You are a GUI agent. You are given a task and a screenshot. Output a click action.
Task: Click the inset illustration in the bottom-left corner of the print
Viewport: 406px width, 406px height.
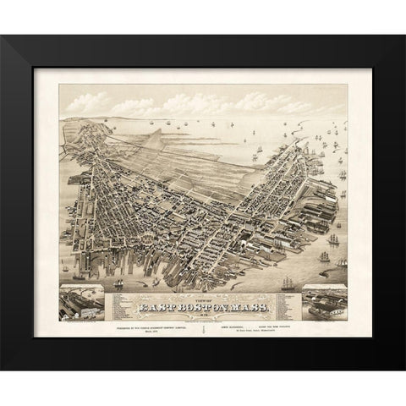click(82, 302)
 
